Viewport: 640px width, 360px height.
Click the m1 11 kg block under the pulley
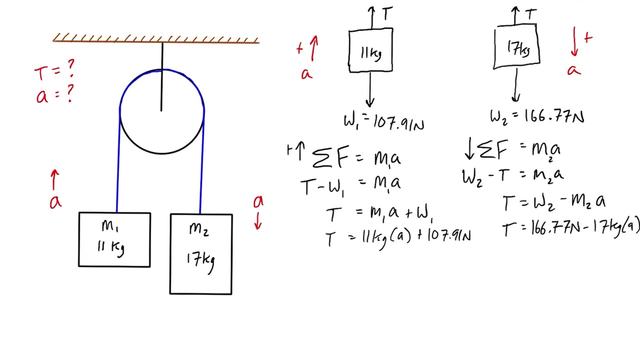tap(114, 239)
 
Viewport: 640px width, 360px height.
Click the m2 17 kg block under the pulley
tap(201, 254)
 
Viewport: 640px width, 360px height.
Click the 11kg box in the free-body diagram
tap(370, 51)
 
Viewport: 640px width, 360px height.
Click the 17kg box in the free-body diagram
tap(516, 46)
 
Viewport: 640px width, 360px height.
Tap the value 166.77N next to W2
tap(554, 117)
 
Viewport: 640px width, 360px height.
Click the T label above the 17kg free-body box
tap(531, 14)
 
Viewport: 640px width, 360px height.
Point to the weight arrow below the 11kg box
tap(369, 89)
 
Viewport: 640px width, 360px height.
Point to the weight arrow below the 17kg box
tap(515, 85)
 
